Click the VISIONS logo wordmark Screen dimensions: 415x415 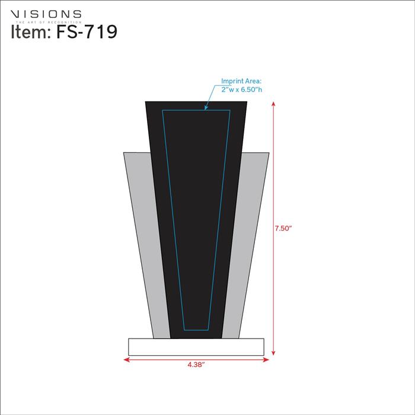tap(46, 14)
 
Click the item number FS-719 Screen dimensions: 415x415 tap(87, 32)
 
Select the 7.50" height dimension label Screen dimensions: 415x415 tap(283, 228)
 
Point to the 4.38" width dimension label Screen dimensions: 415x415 tap(196, 365)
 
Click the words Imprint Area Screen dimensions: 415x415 tap(241, 81)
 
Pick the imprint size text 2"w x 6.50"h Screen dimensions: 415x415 tap(242, 90)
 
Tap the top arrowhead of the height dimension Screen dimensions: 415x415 tap(273, 104)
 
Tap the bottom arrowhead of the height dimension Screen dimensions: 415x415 tap(273, 353)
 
